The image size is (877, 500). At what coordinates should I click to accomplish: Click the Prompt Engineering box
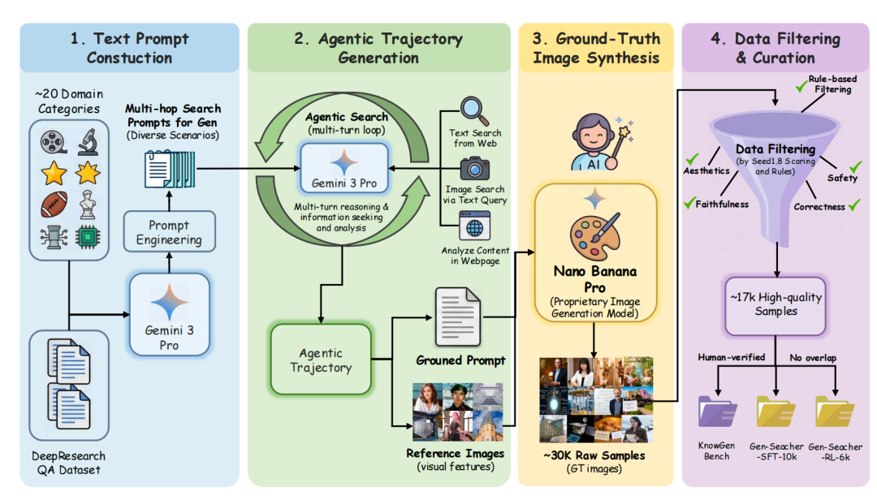tap(169, 232)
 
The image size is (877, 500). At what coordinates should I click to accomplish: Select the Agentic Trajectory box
tap(321, 360)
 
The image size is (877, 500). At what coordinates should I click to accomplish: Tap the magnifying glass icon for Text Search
tap(473, 111)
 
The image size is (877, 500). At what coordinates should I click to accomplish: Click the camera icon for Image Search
tap(473, 168)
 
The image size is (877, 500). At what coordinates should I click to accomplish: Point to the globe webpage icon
tap(473, 224)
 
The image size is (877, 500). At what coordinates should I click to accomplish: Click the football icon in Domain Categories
tap(53, 205)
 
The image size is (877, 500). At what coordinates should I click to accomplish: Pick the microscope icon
tap(88, 142)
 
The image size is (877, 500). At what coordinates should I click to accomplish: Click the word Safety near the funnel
tap(842, 178)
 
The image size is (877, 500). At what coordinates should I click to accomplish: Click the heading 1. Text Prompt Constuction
tap(129, 48)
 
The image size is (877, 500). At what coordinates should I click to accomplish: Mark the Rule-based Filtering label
tap(829, 84)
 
